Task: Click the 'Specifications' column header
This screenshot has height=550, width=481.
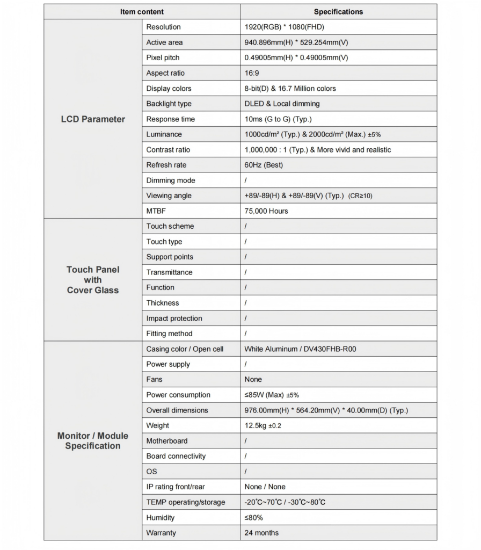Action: [x=338, y=11]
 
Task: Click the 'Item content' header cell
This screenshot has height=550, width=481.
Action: [x=142, y=11]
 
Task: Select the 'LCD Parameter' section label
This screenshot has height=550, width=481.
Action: [x=93, y=119]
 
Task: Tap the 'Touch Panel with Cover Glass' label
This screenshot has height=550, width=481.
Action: [x=93, y=280]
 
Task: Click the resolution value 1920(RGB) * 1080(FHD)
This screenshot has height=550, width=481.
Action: [x=285, y=27]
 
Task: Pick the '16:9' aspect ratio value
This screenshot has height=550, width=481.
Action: [x=252, y=73]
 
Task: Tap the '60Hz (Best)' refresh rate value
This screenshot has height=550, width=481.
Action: [x=264, y=165]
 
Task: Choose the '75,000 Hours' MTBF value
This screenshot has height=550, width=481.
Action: [x=266, y=211]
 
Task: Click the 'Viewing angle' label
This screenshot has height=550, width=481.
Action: [x=169, y=196]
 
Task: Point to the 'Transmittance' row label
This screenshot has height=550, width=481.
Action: [x=169, y=272]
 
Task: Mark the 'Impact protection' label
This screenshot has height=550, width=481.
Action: [x=174, y=319]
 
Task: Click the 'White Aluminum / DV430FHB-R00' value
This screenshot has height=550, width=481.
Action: [x=300, y=349]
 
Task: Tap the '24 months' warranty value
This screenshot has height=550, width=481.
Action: [x=261, y=533]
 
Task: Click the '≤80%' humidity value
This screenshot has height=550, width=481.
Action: [x=253, y=518]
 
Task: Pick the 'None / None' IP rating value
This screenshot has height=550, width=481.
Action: [x=265, y=487]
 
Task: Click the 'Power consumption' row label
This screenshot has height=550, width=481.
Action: [x=178, y=395]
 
